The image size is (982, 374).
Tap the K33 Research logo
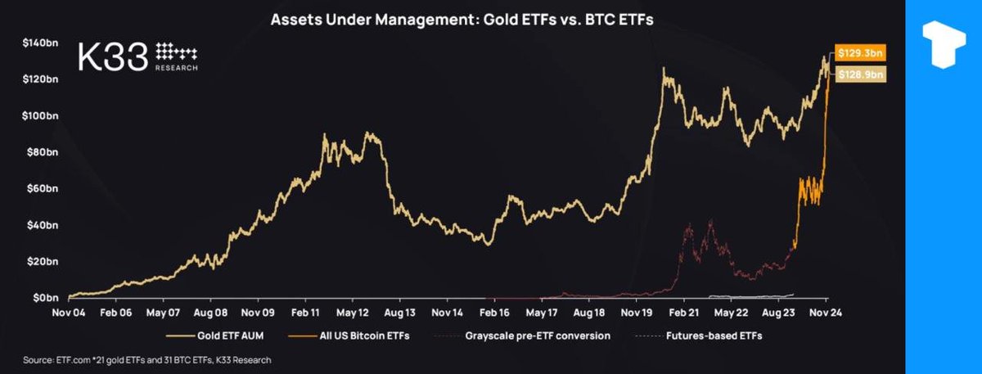click(137, 56)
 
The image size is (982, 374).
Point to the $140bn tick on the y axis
click(41, 42)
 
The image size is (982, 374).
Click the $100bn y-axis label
click(41, 115)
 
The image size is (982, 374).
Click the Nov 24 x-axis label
click(825, 313)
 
